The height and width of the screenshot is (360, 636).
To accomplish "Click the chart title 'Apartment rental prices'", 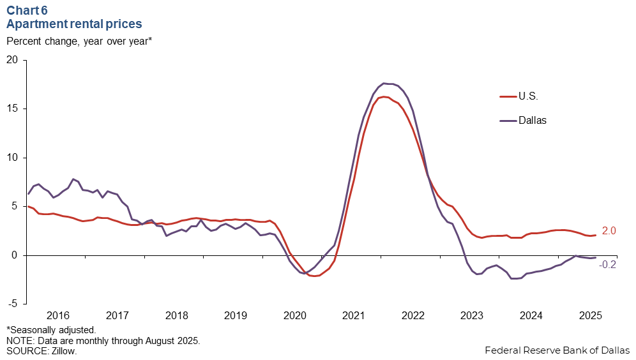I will (x=74, y=24).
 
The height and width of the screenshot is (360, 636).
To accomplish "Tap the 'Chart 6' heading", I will (x=27, y=10).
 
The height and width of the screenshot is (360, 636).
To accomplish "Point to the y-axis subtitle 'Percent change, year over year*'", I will (x=79, y=41).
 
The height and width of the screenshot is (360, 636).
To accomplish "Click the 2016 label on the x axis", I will (x=58, y=315).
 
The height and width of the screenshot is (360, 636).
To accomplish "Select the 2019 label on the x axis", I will (x=236, y=315).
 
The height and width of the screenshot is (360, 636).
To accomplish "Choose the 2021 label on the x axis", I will (x=354, y=315).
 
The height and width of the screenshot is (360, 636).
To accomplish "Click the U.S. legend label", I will (x=528, y=97).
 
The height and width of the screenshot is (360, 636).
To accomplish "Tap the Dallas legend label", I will (x=532, y=120).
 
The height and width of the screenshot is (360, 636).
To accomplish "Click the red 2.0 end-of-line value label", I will (x=609, y=230).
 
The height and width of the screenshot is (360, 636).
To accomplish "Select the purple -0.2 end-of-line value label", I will (x=607, y=264).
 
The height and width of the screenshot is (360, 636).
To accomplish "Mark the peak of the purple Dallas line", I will (x=384, y=83).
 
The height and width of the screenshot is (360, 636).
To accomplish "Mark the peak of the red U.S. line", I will (x=384, y=97).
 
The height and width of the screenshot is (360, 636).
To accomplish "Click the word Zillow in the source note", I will (x=62, y=351).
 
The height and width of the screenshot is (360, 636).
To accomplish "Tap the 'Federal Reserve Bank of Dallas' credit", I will (x=557, y=350).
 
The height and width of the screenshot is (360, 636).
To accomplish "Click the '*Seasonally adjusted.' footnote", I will (x=51, y=330).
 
